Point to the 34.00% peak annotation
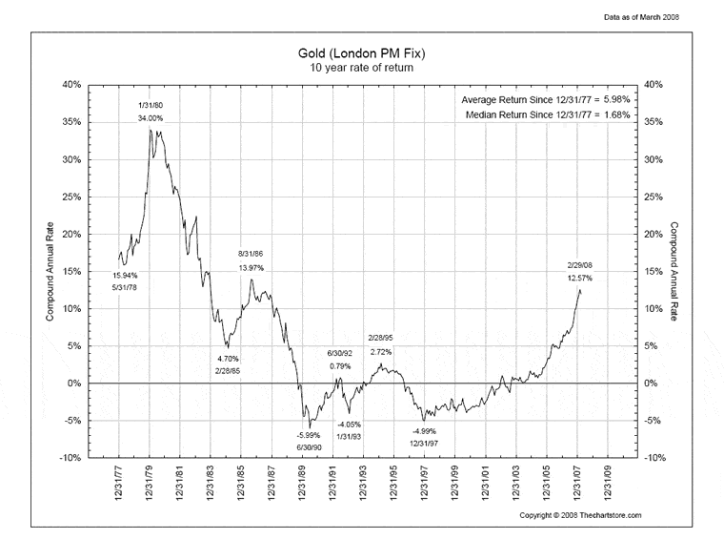pyautogui.click(x=150, y=118)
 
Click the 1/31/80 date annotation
pyautogui.click(x=150, y=104)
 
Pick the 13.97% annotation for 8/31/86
pyautogui.click(x=251, y=268)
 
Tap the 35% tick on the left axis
pyautogui.click(x=70, y=122)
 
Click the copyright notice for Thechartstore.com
pyautogui.click(x=581, y=515)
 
